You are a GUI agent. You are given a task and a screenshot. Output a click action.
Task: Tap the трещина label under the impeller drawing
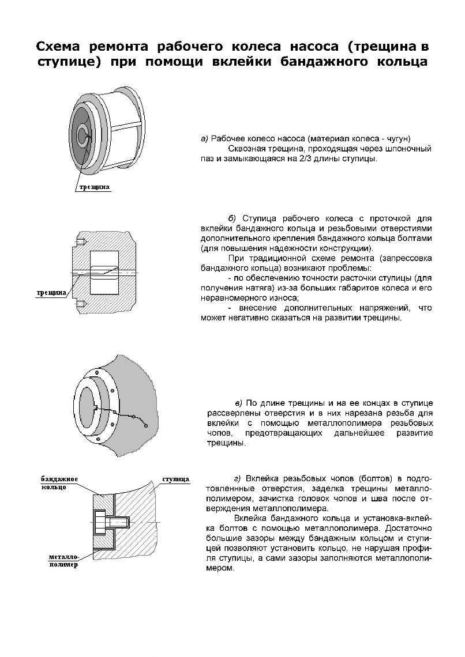point(94,187)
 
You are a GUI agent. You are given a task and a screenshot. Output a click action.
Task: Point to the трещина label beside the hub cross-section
point(50,293)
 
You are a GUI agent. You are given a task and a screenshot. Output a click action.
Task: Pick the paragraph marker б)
point(232,218)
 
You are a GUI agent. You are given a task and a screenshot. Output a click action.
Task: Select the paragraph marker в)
point(239,402)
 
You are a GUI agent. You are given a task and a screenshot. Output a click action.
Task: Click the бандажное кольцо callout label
point(59,483)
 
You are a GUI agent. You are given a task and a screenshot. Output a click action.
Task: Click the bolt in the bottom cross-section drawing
point(112,522)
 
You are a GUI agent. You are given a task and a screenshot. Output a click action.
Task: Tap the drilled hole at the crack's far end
point(145,425)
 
